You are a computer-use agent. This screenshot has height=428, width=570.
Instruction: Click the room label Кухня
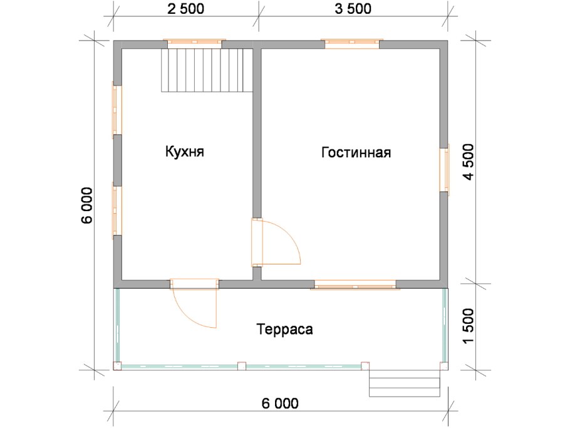tap(185, 152)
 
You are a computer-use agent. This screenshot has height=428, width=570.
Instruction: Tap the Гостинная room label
tap(356, 153)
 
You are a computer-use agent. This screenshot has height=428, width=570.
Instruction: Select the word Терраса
tap(284, 329)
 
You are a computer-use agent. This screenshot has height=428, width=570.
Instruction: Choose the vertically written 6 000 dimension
tap(87, 205)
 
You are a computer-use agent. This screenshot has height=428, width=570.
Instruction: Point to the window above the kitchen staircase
tap(194, 43)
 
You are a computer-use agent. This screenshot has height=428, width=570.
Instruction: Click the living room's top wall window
tap(351, 43)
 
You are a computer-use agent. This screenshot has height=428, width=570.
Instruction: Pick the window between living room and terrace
tap(355, 286)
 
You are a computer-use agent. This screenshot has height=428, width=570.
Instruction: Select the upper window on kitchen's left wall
tap(117, 110)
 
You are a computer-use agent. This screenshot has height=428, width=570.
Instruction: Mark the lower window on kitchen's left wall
tap(117, 209)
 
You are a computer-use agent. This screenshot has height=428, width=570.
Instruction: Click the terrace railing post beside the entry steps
tap(366, 365)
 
